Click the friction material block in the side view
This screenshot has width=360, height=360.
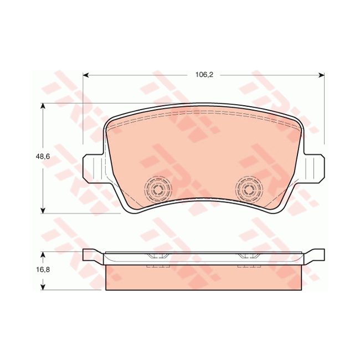tap(204, 277)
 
